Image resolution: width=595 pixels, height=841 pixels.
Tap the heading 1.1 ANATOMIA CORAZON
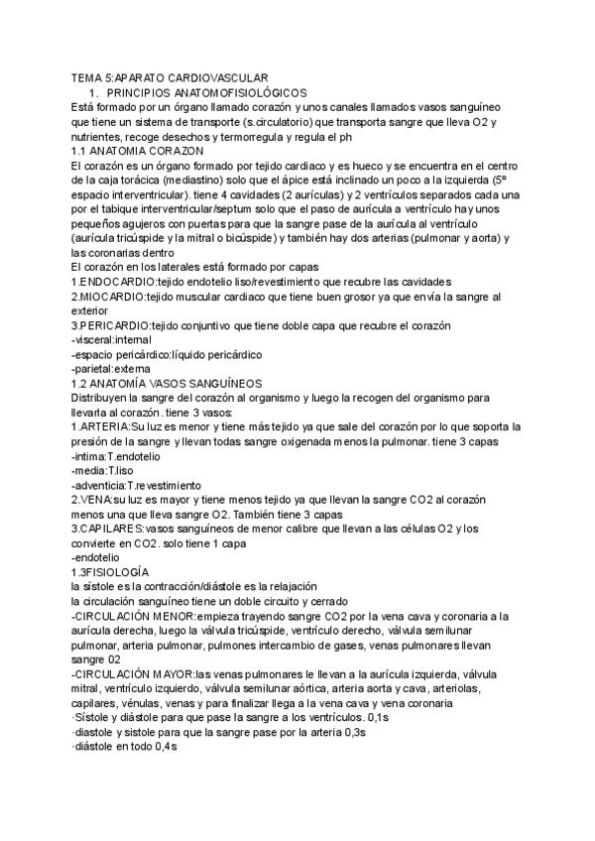138,149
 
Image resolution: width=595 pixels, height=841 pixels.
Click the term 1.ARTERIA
101,426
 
